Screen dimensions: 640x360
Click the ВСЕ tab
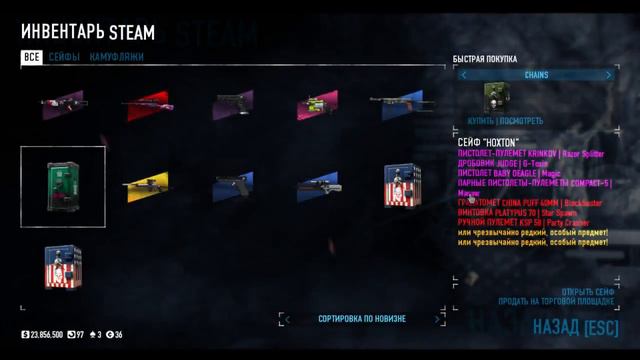coord(32,57)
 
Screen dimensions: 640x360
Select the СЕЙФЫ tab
coord(64,57)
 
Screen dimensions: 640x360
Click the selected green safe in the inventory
coord(63,186)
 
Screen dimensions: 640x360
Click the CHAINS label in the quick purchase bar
coord(536,75)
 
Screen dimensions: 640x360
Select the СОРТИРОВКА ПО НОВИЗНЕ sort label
coord(362,318)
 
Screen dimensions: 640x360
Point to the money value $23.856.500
coord(42,334)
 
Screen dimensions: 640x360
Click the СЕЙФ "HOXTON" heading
coord(489,142)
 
